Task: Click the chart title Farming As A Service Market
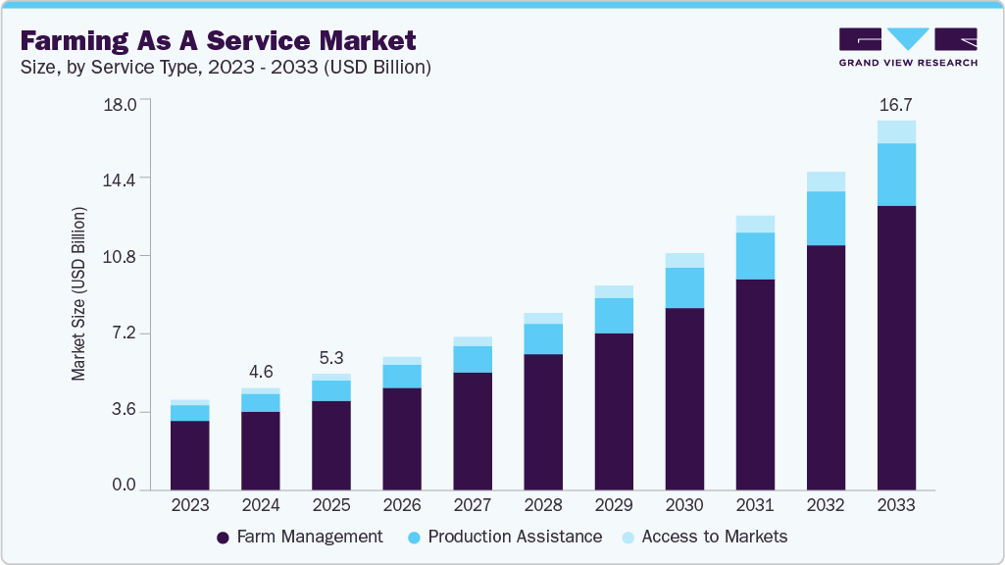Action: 218,40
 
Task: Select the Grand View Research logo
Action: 907,47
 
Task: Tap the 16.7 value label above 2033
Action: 895,105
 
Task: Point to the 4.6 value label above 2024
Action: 261,373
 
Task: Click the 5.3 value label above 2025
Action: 331,358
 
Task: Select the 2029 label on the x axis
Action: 613,506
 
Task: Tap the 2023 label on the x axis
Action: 189,506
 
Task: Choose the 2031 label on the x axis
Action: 754,506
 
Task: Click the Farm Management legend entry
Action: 299,537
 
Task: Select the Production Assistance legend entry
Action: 504,537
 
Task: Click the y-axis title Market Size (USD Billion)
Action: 79,294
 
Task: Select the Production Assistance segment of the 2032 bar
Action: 826,218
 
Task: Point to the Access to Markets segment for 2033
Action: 896,131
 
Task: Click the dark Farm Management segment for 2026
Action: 402,438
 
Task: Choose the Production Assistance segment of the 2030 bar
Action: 684,287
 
